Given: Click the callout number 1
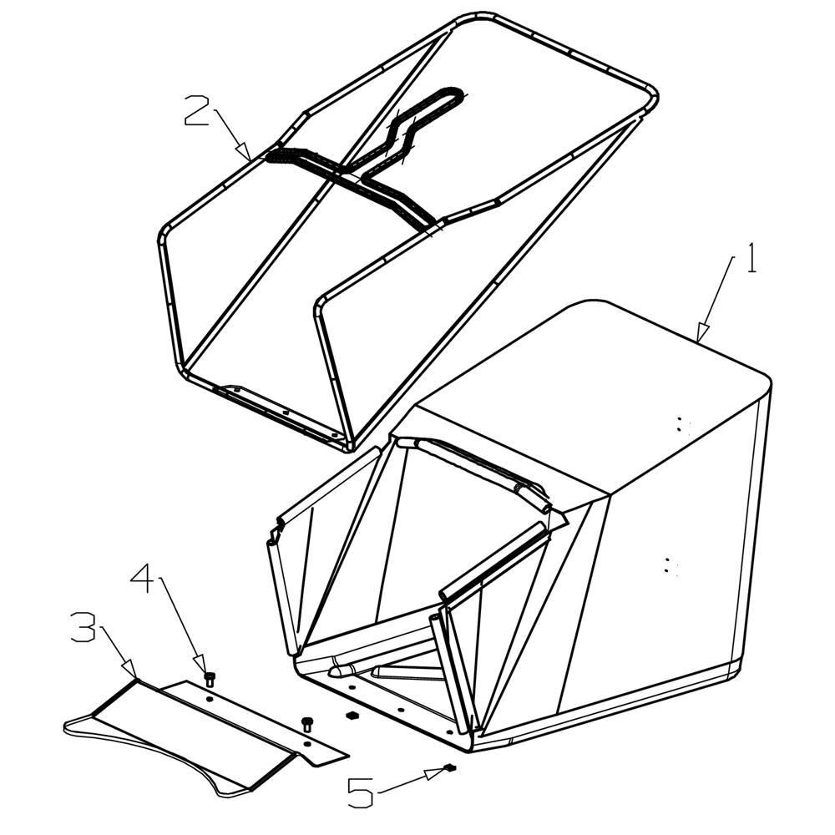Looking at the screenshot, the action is [751, 258].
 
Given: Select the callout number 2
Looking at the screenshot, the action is [196, 110].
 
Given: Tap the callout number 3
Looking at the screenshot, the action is [83, 627].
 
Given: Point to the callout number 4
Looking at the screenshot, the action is [144, 580].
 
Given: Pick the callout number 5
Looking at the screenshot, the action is [361, 793].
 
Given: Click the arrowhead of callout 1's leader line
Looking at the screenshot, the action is [703, 332].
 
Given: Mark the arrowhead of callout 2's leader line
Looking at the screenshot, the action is [245, 151].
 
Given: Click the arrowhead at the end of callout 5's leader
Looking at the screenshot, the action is [435, 773].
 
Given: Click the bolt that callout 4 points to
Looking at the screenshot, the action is [210, 679].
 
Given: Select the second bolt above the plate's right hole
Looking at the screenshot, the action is [306, 724].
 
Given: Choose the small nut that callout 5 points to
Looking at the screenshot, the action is [451, 767].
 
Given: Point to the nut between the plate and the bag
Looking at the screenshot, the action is [351, 714].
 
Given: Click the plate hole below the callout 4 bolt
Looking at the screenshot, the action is [210, 699].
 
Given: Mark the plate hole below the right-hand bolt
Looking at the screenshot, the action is [307, 743].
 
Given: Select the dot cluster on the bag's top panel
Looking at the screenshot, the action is [681, 424].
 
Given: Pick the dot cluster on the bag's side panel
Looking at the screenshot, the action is [669, 565].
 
